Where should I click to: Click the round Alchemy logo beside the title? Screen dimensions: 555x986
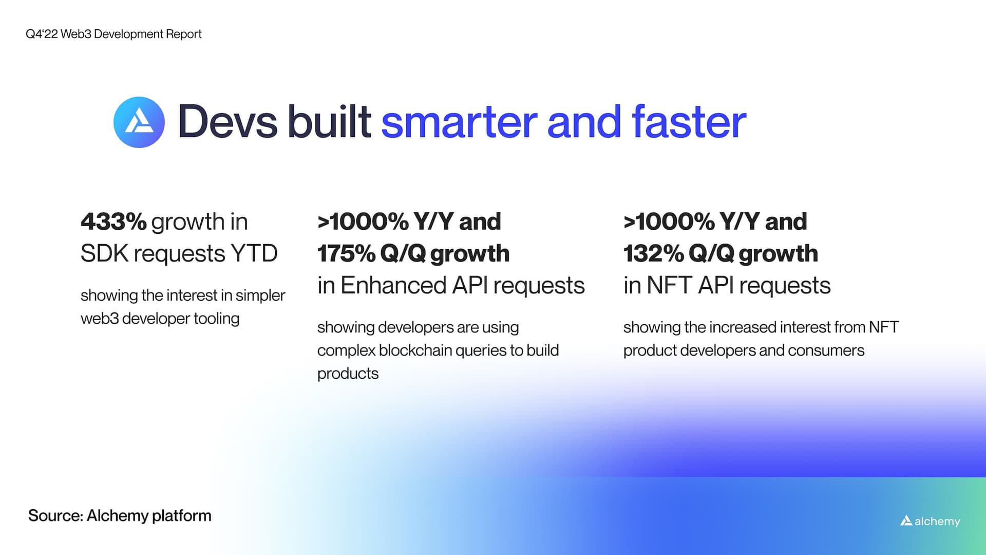(x=139, y=122)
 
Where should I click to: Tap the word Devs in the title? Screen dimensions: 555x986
(x=227, y=122)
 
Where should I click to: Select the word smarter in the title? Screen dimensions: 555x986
(x=458, y=122)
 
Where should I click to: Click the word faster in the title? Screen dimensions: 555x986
(x=688, y=122)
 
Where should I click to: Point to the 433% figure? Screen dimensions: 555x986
(x=113, y=222)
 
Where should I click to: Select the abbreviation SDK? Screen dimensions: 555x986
(x=104, y=254)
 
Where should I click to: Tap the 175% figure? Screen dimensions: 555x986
(x=346, y=254)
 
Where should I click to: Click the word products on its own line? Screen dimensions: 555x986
(x=348, y=374)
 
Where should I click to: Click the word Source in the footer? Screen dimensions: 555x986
(x=55, y=515)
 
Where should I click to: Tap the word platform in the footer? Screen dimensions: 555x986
(x=181, y=516)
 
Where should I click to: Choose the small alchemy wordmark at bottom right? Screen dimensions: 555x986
(x=930, y=521)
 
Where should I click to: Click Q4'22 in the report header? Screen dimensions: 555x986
(x=42, y=34)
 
